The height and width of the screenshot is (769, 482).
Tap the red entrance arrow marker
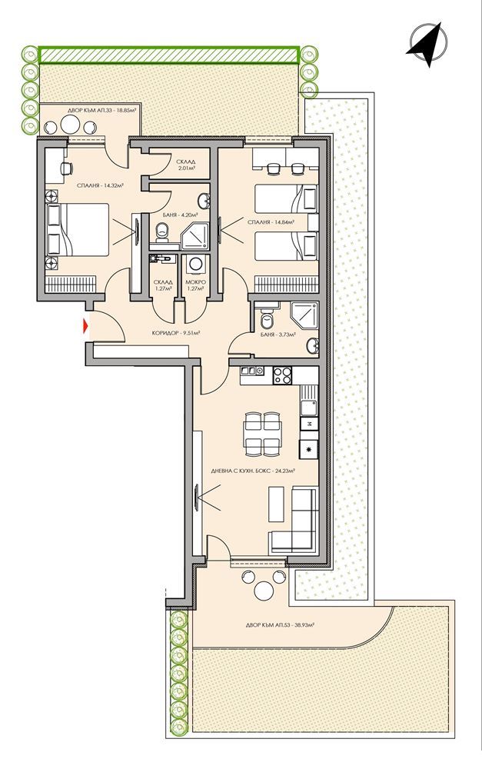point(86,327)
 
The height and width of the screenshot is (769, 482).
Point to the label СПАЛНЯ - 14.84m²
point(271,221)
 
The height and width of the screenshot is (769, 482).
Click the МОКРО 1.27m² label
point(196,285)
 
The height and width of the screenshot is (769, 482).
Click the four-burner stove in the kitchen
point(283,376)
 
